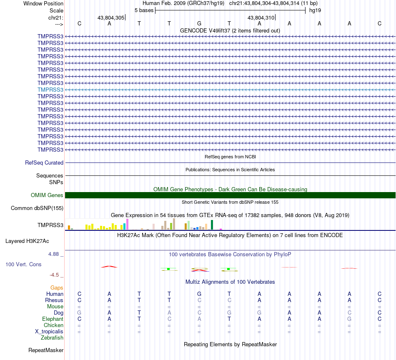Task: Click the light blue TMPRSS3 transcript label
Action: (50, 90)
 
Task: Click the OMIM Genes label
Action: (47, 195)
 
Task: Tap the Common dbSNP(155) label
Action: (37, 208)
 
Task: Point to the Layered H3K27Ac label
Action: (27, 241)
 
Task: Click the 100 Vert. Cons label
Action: (24, 264)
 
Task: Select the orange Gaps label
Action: (57, 288)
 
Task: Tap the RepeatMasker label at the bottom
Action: (46, 350)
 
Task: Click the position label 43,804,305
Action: (111, 18)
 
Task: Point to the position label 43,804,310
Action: (261, 18)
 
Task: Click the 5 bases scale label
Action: (144, 10)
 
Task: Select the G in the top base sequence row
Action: (199, 23)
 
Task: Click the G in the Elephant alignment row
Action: (349, 319)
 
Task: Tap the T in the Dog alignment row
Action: (139, 312)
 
